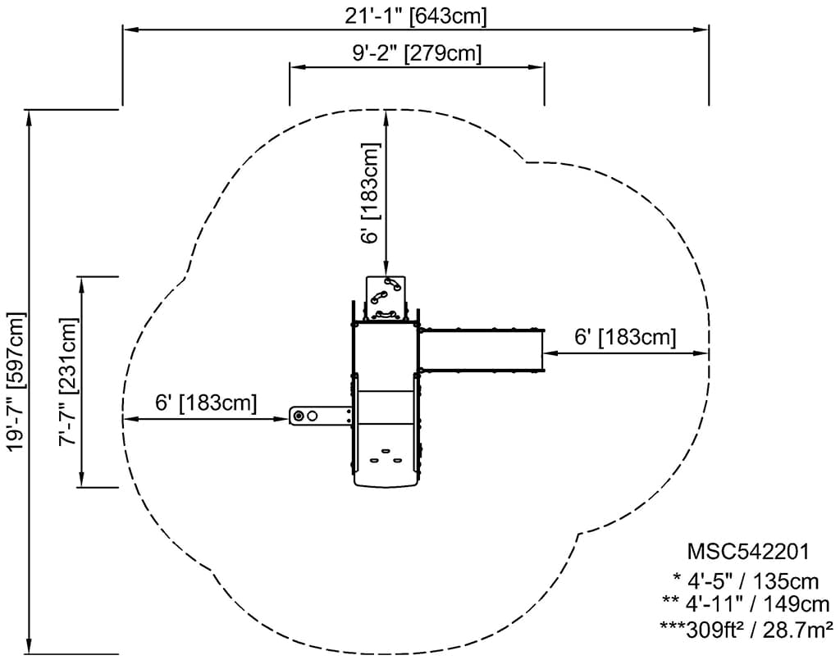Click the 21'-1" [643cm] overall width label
416,16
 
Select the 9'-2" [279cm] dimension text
417,53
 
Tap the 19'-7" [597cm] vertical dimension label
16,382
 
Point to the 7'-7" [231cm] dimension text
69,382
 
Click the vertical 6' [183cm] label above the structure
370,193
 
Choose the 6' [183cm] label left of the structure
206,403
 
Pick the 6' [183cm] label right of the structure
625,337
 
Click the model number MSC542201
748,551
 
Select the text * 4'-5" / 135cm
746,580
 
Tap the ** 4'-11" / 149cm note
746,603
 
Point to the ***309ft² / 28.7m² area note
746,630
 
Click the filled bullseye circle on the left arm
299,416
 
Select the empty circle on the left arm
313,416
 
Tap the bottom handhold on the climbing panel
386,315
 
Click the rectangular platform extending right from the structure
481,349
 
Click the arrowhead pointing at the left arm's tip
283,419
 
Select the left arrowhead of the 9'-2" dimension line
296,67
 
